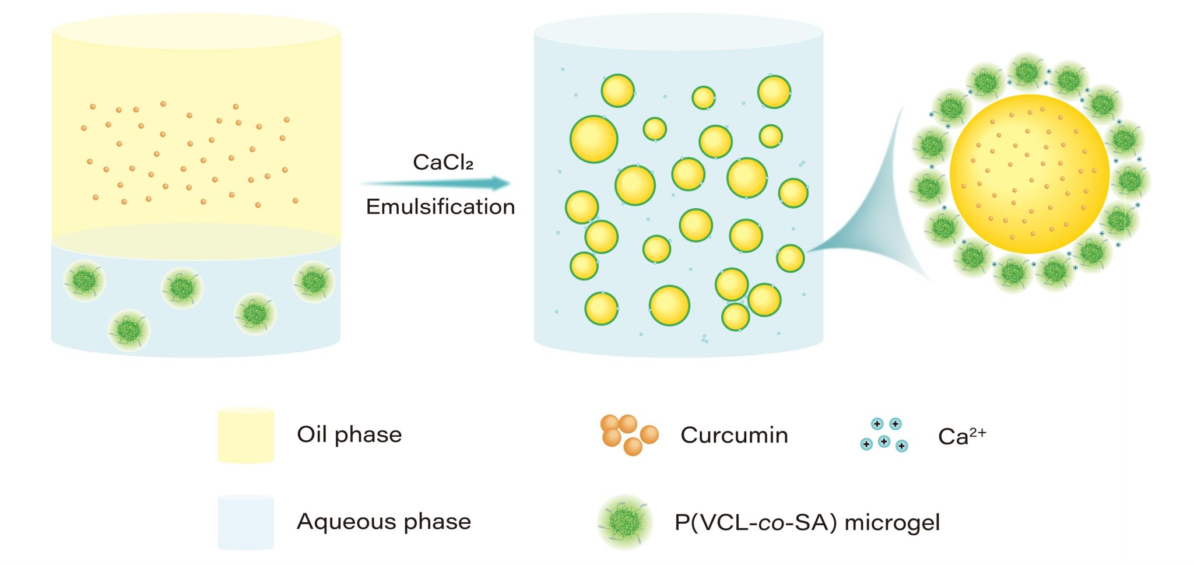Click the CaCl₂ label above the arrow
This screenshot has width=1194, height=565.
(443, 162)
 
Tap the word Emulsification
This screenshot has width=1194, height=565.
(440, 207)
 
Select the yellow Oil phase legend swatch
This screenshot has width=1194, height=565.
(245, 436)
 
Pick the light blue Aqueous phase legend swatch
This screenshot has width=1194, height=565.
(245, 522)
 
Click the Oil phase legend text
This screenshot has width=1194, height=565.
(349, 435)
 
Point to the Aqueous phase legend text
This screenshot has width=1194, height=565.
(384, 522)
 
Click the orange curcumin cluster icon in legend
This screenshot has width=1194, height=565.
(628, 434)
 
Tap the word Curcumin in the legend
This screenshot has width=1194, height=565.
(734, 436)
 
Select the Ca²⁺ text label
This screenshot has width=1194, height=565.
(961, 436)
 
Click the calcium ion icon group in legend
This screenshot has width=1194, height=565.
(884, 435)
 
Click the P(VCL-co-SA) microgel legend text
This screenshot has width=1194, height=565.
(807, 522)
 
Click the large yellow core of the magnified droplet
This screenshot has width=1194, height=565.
(1030, 174)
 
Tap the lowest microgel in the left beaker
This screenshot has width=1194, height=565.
(129, 331)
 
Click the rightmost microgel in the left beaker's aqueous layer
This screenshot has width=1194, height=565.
(314, 282)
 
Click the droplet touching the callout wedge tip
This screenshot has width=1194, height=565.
(790, 258)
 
